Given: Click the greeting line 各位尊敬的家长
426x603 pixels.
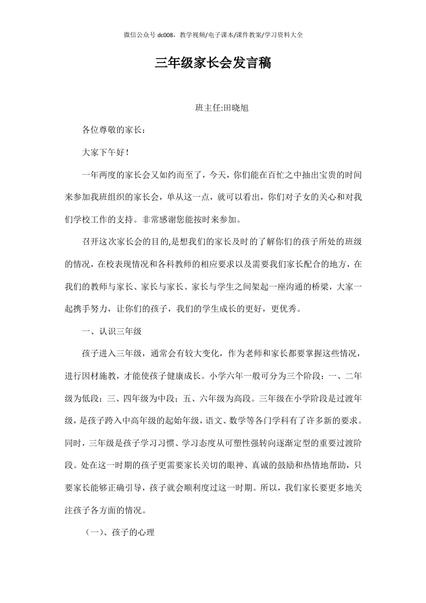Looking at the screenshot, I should pyautogui.click(x=113, y=130).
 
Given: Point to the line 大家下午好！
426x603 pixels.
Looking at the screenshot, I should pyautogui.click(x=105, y=152).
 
